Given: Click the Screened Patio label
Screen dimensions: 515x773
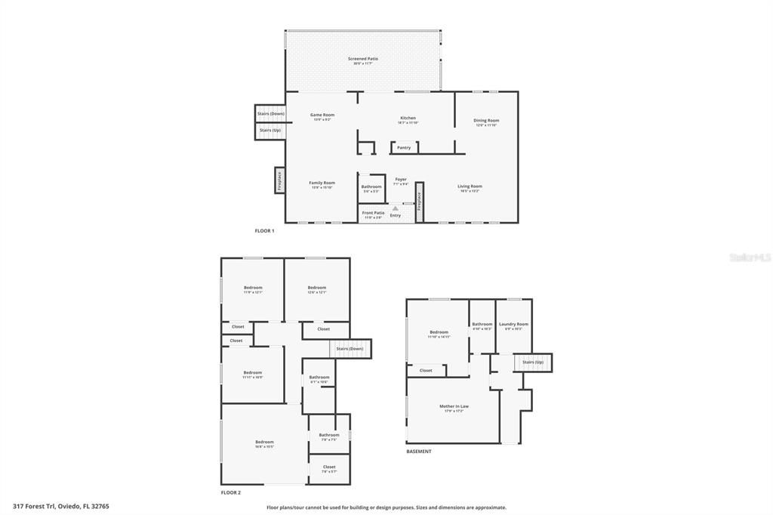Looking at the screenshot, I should pyautogui.click(x=363, y=59).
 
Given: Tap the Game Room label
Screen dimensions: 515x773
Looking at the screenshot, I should pyautogui.click(x=322, y=115).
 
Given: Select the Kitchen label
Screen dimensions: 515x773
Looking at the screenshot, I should pyautogui.click(x=408, y=118).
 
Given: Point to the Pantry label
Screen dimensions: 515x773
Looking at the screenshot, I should pyautogui.click(x=404, y=148).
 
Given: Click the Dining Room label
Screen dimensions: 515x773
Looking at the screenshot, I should pyautogui.click(x=486, y=121).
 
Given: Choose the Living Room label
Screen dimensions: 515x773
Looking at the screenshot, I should pyautogui.click(x=470, y=187).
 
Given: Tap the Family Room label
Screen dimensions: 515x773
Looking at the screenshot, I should pyautogui.click(x=322, y=183).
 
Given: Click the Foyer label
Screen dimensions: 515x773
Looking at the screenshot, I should pyautogui.click(x=401, y=180).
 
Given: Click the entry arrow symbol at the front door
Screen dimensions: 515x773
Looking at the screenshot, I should pyautogui.click(x=395, y=208).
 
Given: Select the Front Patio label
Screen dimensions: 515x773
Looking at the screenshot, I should pyautogui.click(x=373, y=213).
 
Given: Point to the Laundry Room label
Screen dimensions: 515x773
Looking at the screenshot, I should pyautogui.click(x=513, y=324).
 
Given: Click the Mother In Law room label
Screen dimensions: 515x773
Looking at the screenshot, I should pyautogui.click(x=454, y=406).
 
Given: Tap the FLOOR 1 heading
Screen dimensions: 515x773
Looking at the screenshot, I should pyautogui.click(x=264, y=230).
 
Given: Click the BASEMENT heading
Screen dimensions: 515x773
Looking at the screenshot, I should pyautogui.click(x=419, y=452).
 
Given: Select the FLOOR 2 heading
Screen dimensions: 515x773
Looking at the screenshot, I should pyautogui.click(x=231, y=492).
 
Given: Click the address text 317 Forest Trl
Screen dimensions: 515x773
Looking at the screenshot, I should pyautogui.click(x=61, y=506).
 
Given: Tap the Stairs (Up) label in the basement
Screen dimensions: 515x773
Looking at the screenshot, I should pyautogui.click(x=533, y=362).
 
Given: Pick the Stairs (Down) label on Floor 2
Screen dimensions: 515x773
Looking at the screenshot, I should pyautogui.click(x=350, y=349).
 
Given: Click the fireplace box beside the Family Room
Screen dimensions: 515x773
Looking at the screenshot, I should pyautogui.click(x=279, y=180).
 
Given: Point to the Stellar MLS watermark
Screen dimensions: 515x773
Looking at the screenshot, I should pyautogui.click(x=750, y=257).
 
